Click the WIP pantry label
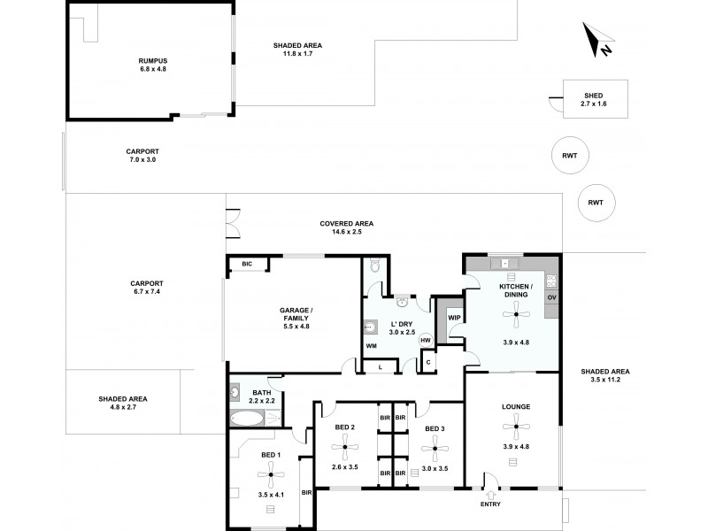pos(454,317)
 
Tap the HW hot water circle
pos(426,340)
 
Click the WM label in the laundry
pos(371,346)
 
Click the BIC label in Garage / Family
pos(247,264)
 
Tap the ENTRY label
pos(489,506)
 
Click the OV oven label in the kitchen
pos(551,297)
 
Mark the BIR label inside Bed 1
pos(305,492)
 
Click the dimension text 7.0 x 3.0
pos(142,159)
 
